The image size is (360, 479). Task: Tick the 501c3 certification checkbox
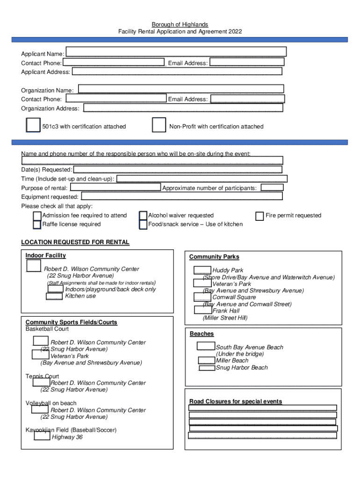coord(33,125)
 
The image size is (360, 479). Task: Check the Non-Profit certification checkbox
coord(159,125)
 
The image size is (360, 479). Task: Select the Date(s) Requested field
coord(178,169)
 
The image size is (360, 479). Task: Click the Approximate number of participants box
coord(272,188)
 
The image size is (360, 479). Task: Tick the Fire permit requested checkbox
coord(259,216)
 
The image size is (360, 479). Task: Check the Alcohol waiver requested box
coord(144,216)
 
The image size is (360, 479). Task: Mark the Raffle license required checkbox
coord(37,225)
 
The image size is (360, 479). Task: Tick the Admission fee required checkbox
coord(37,216)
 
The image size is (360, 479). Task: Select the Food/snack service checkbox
coord(144,225)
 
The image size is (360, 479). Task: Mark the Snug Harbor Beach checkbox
coord(207,368)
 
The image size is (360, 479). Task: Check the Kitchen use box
coord(55,296)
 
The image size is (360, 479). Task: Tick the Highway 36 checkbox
coord(42,436)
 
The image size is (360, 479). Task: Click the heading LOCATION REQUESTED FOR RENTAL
coord(75,242)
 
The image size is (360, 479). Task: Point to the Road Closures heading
coord(236,401)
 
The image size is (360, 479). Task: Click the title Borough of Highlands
coord(180,24)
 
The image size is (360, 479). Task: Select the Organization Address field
coord(183,109)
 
